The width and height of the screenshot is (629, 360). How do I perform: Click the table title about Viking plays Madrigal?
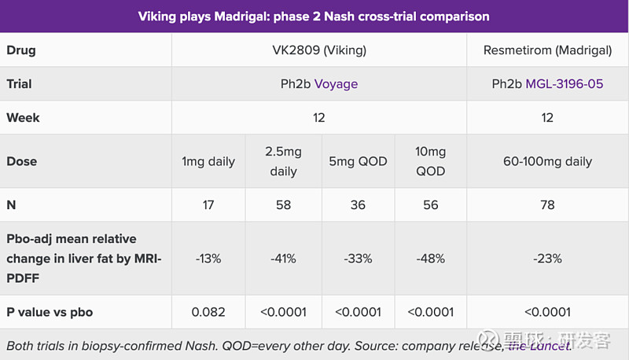pos(314,16)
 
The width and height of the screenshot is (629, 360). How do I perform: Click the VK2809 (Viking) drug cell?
pos(318,50)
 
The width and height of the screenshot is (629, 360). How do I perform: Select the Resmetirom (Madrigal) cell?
pos(547,50)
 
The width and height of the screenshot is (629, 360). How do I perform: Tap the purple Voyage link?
pos(336,84)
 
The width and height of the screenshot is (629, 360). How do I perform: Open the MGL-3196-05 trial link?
pos(565,84)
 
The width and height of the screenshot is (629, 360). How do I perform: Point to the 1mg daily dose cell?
pos(208,161)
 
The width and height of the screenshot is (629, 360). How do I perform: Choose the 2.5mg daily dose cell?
pos(283,161)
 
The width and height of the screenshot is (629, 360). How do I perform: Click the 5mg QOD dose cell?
pos(358,161)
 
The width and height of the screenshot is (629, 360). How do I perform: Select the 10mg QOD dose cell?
pos(430,161)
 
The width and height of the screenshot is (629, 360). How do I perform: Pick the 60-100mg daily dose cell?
pos(547,161)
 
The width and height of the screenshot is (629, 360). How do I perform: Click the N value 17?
pos(208,204)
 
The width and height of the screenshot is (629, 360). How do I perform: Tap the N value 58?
pos(283,204)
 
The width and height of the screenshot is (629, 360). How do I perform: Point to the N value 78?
pos(547,204)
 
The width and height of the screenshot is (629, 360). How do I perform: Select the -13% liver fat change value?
pos(208,258)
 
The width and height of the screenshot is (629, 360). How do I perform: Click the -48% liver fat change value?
pos(430,258)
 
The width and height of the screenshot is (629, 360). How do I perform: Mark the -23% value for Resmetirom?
pos(547,258)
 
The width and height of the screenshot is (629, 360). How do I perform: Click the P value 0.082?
pos(208,312)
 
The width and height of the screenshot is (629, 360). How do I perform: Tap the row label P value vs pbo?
pos(50,312)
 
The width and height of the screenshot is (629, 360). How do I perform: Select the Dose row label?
pos(21,161)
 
